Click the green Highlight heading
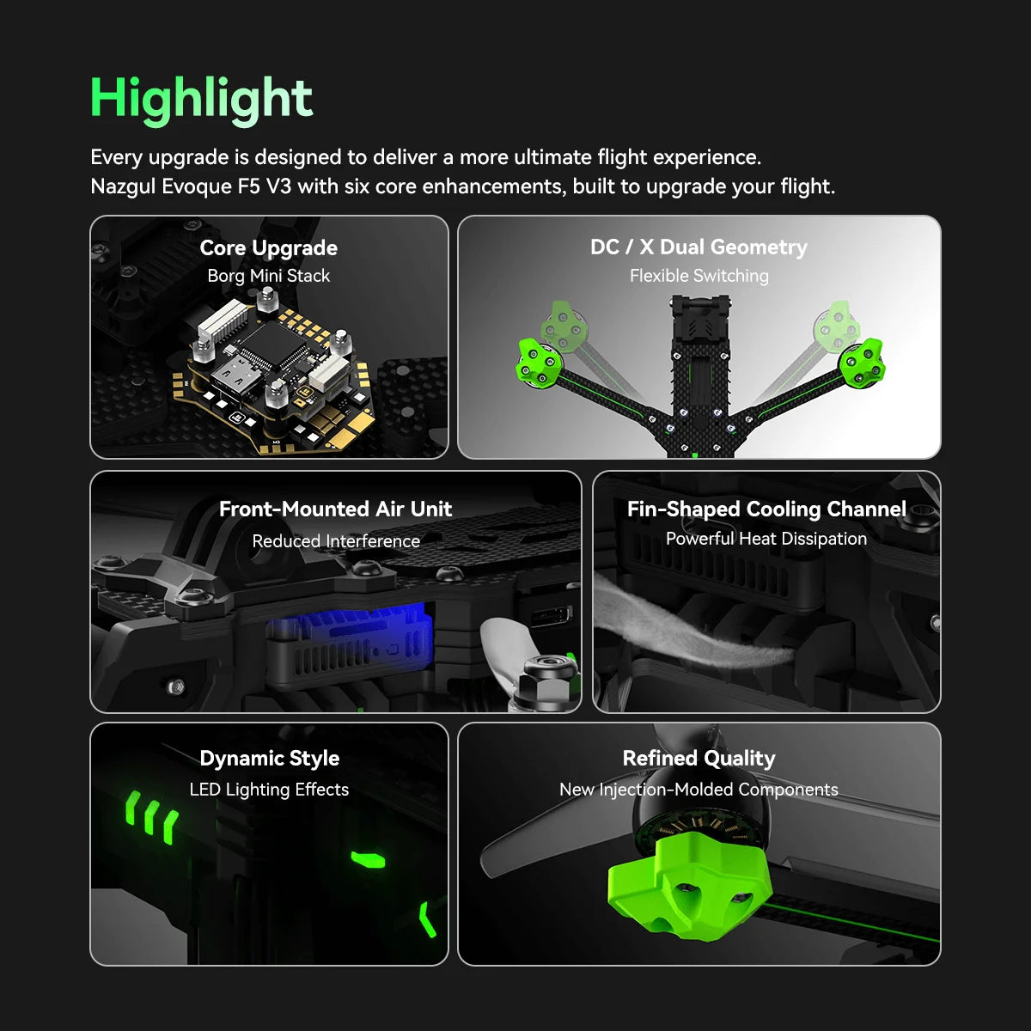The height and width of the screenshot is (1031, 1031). [x=201, y=98]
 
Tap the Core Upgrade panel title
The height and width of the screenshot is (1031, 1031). [x=268, y=247]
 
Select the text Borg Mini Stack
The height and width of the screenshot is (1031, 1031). [x=268, y=276]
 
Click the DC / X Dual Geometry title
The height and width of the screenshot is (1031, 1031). [x=699, y=247]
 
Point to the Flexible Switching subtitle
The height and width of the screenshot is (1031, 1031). [x=699, y=276]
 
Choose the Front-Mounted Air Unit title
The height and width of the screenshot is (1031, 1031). [x=335, y=509]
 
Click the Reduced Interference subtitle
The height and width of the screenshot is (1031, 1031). [x=336, y=541]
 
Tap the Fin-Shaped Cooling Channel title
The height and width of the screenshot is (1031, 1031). [x=766, y=509]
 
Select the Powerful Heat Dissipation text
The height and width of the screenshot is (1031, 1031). [x=766, y=539]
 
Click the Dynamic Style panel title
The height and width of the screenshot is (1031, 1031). [x=269, y=758]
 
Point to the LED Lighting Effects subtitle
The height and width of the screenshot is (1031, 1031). [x=269, y=790]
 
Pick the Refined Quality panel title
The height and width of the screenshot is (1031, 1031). [x=699, y=758]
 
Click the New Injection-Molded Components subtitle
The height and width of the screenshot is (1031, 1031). [x=699, y=790]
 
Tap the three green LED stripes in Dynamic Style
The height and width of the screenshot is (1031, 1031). [x=151, y=816]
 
